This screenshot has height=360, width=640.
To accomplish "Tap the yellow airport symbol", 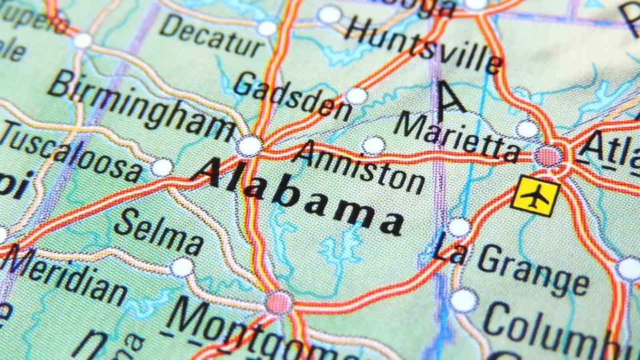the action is [535, 196].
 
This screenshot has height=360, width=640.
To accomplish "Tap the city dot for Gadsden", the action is [357, 96].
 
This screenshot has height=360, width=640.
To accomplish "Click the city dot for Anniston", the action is [373, 145].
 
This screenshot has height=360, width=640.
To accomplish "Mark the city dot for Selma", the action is [181, 267].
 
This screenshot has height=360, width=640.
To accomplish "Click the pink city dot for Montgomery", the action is [278, 303].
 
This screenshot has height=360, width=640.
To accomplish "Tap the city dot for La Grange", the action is [459, 227].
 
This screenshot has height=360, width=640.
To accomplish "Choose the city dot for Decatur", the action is [267, 28].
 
